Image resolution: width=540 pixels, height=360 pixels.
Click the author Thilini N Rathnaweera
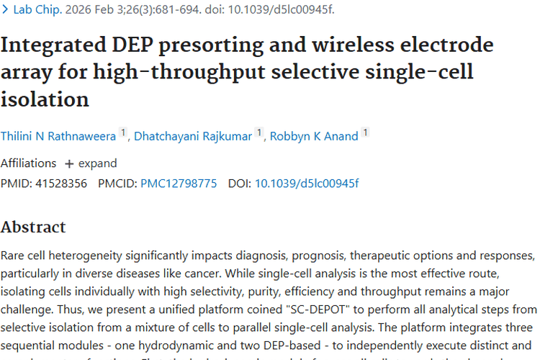tap(58, 135)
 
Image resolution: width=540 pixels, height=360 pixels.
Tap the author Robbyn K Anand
tap(314, 135)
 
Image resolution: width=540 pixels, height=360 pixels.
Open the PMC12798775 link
tap(179, 184)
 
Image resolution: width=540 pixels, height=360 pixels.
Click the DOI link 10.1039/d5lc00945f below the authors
tap(307, 184)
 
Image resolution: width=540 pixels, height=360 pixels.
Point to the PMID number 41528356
tap(60, 184)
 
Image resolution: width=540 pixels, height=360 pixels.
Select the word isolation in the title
tap(45, 99)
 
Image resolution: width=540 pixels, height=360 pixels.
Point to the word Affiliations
tap(28, 163)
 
